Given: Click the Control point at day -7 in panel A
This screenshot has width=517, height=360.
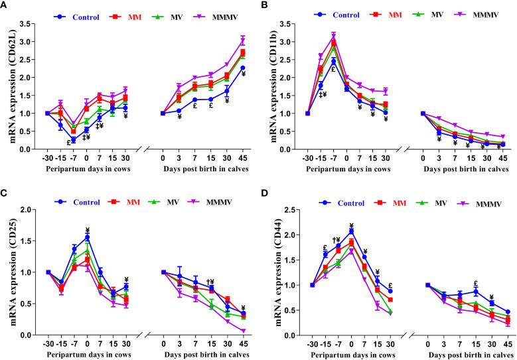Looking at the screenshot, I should coord(74,139).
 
